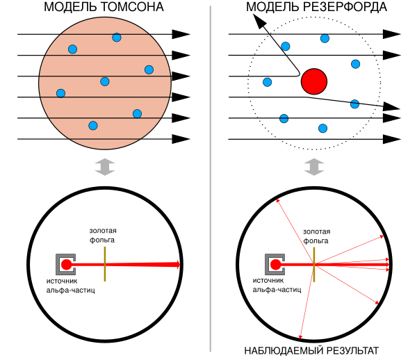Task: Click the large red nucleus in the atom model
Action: point(314,81)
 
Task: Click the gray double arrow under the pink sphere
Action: point(104,167)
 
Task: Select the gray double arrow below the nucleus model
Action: point(314,167)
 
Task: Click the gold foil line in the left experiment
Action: point(105,264)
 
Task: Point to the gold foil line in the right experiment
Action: point(314,264)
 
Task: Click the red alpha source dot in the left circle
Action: point(67,264)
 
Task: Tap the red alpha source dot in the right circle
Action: point(276,264)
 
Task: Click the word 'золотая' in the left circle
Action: point(103,231)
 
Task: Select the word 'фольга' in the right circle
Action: point(316,241)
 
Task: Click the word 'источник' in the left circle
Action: point(62,281)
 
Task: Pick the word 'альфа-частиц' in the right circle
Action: point(277,289)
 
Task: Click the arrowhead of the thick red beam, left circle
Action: point(178,264)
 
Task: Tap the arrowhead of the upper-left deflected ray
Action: point(277,200)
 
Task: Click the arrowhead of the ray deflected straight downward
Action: point(300,337)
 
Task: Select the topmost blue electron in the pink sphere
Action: point(117,38)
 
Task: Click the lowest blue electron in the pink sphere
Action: point(93,126)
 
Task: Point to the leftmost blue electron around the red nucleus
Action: point(268,82)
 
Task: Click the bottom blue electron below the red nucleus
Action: point(322,129)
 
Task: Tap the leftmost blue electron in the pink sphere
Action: point(60,93)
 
